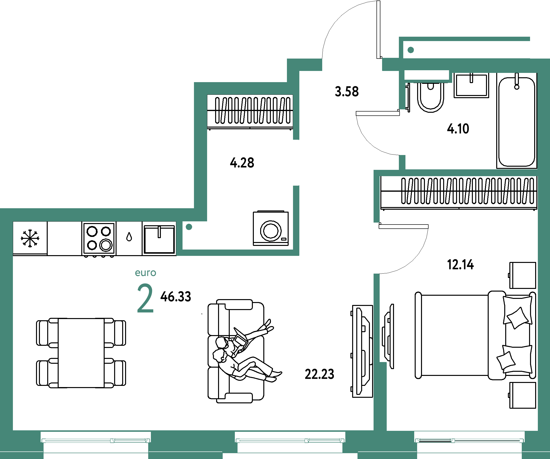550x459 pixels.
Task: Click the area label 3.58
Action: (347, 92)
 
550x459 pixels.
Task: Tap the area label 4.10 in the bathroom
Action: (458, 129)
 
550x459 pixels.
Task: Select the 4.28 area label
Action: (242, 163)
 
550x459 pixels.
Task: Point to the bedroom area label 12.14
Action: (460, 265)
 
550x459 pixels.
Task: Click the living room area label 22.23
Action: (320, 374)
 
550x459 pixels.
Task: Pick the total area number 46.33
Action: (176, 297)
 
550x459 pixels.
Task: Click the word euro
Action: (145, 273)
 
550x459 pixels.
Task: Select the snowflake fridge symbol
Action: (30, 238)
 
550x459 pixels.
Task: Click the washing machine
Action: (271, 228)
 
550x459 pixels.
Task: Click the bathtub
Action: (517, 121)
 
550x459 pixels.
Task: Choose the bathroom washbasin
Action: (471, 86)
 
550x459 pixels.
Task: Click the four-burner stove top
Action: (99, 239)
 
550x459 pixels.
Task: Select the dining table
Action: (81, 353)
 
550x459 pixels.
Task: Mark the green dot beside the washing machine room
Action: (189, 227)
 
